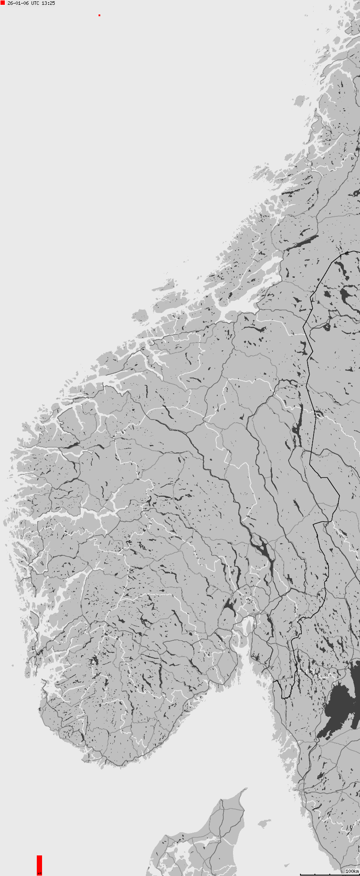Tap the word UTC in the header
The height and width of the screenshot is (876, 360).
35,3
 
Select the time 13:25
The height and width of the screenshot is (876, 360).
48,3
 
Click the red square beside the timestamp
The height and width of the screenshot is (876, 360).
3,3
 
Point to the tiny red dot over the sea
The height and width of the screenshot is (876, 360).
99,15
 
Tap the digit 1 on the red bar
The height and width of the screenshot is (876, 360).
39,872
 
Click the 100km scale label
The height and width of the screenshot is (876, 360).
352,871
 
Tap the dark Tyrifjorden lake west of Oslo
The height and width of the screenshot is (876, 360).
229,607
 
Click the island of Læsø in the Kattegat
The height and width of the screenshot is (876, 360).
264,823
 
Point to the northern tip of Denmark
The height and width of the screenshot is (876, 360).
244,790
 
